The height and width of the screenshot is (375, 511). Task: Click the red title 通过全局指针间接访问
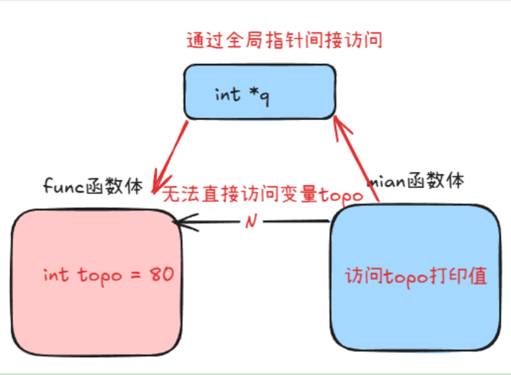coord(284,41)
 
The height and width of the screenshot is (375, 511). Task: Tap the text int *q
coord(241,94)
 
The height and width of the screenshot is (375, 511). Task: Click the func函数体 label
coord(94,186)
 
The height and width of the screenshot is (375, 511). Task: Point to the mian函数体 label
coord(417,181)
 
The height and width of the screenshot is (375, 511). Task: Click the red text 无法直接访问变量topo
coord(263,196)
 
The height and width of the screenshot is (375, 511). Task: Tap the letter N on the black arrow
coord(251,222)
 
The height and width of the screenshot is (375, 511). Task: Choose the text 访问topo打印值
coord(416,276)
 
